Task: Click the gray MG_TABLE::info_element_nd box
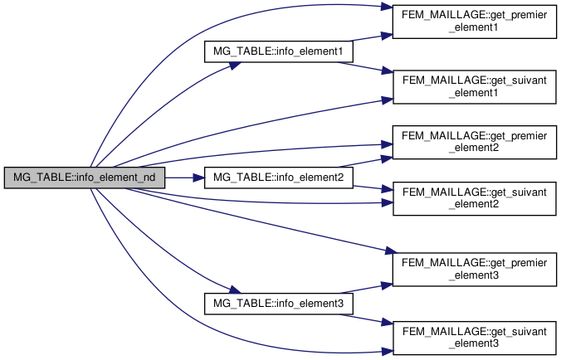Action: [85, 177]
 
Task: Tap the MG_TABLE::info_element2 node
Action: [279, 177]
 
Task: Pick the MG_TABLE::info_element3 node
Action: [279, 303]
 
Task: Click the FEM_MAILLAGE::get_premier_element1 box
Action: [473, 24]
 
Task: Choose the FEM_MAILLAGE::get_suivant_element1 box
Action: [473, 86]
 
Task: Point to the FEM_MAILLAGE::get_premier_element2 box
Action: [473, 142]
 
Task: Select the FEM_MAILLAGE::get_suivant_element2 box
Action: [473, 198]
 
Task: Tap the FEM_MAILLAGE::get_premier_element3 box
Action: [473, 268]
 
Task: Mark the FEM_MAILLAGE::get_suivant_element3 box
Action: [473, 337]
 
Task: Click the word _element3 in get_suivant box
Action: [473, 343]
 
